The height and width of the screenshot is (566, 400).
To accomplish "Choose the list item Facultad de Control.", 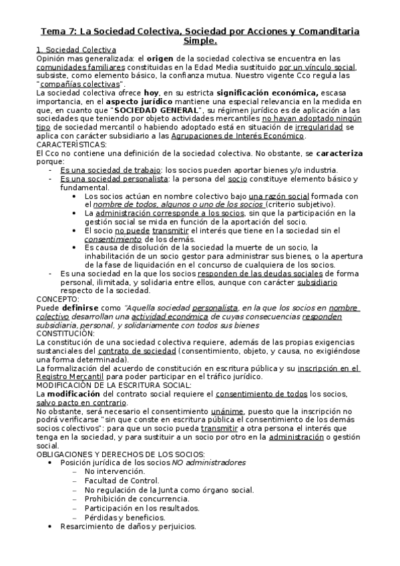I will [114, 480].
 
